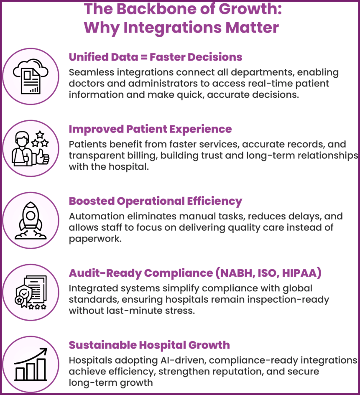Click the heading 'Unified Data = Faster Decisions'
155,57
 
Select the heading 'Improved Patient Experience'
150,129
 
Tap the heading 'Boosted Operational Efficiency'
155,201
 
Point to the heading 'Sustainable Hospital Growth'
149,345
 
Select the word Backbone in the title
138,9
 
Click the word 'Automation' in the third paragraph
94,217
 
